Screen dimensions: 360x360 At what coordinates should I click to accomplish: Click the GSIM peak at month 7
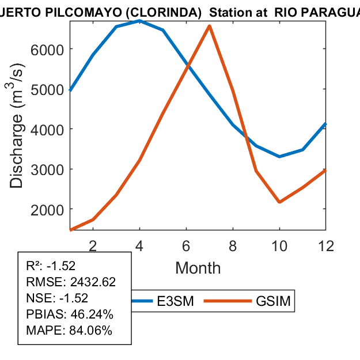(x=210, y=26)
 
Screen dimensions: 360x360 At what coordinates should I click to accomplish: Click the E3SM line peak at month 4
(x=139, y=21)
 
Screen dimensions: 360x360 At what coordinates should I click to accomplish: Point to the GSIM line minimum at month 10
(x=279, y=202)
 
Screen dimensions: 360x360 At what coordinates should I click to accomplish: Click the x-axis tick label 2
(x=93, y=246)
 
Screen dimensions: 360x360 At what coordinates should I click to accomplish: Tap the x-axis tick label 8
(x=233, y=246)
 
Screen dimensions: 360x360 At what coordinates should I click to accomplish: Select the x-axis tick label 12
(x=326, y=246)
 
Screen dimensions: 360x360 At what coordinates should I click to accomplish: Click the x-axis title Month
(x=198, y=268)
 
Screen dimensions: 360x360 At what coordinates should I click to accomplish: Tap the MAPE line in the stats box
(x=69, y=331)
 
